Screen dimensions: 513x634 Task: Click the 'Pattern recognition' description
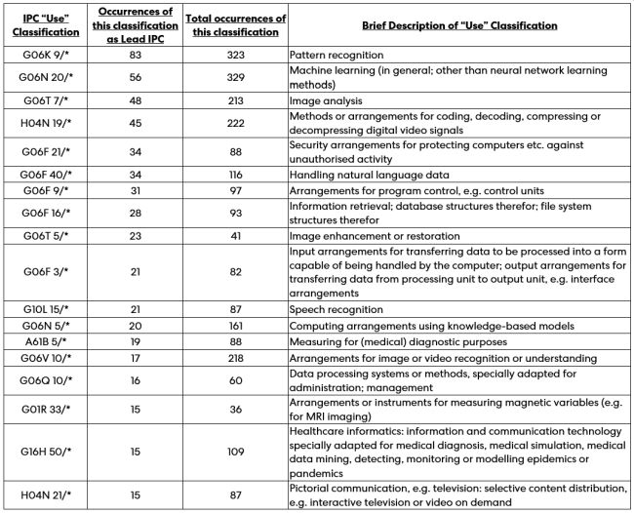click(341, 56)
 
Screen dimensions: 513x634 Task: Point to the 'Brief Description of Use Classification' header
click(458, 24)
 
